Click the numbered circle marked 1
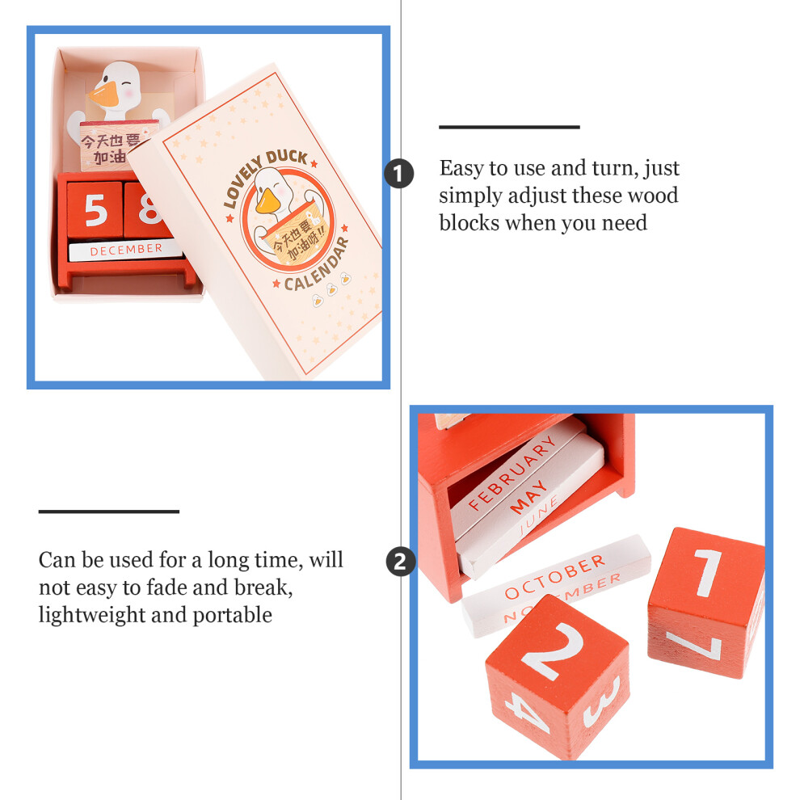tap(399, 174)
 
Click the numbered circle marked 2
tap(401, 562)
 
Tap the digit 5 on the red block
tap(95, 209)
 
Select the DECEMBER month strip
tap(125, 250)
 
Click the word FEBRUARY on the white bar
tap(512, 473)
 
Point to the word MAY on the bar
tap(528, 496)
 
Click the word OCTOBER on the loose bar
tap(555, 577)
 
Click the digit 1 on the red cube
tap(707, 572)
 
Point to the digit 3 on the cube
tap(602, 701)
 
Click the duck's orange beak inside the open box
tap(104, 95)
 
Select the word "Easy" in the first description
tap(461, 169)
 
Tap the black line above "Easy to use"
tap(509, 127)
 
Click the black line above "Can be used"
tap(108, 512)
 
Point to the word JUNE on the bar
tap(539, 516)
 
